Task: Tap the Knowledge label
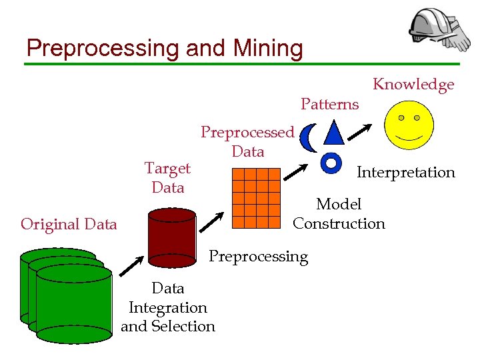[413, 84]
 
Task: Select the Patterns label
[329, 104]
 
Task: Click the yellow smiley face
[409, 125]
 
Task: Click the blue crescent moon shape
[307, 138]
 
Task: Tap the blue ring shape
[331, 161]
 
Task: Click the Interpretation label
[405, 173]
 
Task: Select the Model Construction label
[339, 214]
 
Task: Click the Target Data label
[167, 178]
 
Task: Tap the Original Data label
[69, 224]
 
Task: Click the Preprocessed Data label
[247, 142]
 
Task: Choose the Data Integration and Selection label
[168, 307]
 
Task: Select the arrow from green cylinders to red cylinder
[131, 266]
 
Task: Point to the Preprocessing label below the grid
[259, 257]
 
